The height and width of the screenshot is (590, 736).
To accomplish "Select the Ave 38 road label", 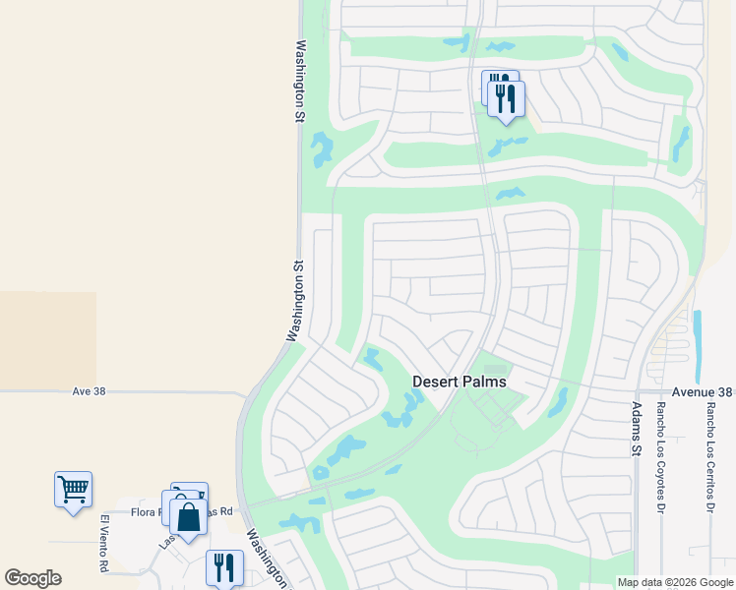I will (x=89, y=391).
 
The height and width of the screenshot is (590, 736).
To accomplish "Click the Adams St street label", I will (x=636, y=429).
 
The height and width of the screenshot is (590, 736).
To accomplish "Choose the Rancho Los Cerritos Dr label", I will (x=709, y=458).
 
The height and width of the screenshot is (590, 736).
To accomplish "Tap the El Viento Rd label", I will (x=103, y=543).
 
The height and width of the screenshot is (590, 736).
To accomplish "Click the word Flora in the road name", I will (x=146, y=511).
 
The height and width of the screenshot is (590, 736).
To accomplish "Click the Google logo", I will (x=32, y=578).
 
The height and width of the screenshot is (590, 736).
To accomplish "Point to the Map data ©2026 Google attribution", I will (x=674, y=582).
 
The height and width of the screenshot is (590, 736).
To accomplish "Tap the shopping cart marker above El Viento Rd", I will (x=73, y=488).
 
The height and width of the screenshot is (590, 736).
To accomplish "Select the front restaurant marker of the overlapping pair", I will (x=506, y=98).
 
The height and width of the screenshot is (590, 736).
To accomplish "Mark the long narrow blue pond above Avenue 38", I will (x=698, y=346).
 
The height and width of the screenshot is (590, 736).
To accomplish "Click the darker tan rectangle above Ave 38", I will (x=47, y=339).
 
